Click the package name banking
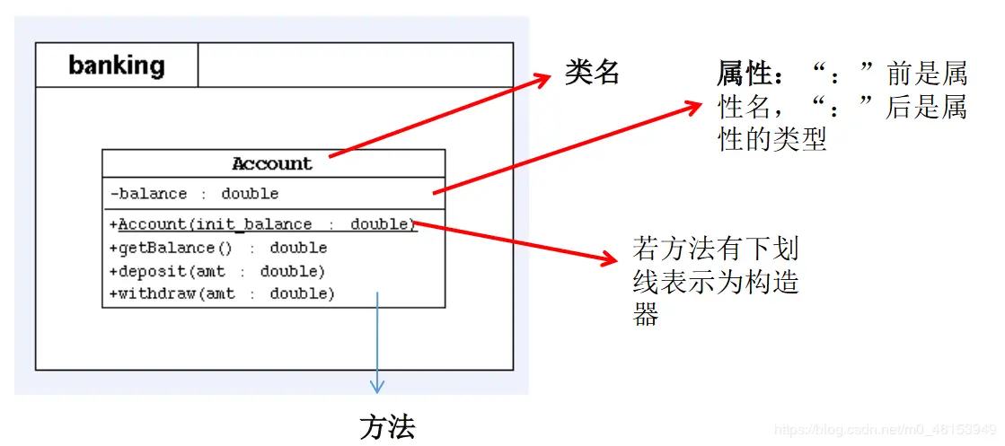[116, 66]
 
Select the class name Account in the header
[272, 163]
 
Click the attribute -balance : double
[194, 194]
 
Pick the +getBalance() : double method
[218, 248]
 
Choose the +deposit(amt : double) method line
[216, 271]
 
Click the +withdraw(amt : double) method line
[221, 293]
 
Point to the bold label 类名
[593, 73]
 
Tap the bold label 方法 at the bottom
[387, 427]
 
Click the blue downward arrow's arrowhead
[377, 386]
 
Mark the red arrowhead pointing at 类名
[542, 80]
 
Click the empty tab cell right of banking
[354, 66]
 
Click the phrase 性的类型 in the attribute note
[772, 139]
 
